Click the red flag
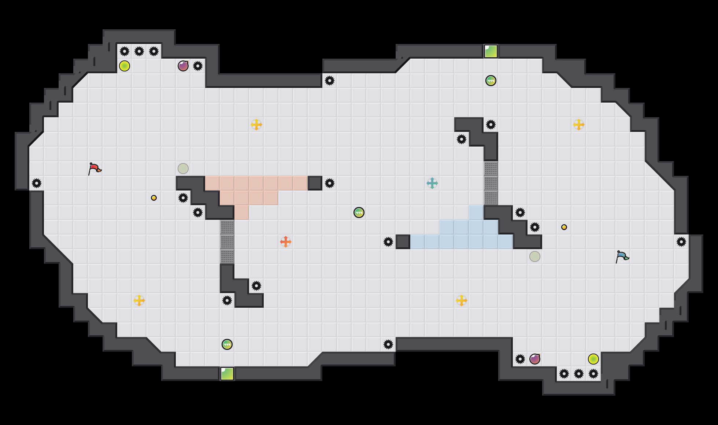pos(95,169)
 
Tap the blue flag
pos(622,256)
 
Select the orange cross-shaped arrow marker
pos(286,242)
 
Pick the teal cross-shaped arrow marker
pos(432,183)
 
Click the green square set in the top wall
pos(491,51)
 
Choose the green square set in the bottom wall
pos(227,374)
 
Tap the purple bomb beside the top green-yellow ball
pos(183,66)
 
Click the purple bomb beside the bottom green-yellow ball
pos(535,359)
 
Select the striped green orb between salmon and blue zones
pos(359,212)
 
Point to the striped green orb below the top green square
pos(491,81)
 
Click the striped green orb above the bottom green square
pos(227,344)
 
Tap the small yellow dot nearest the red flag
pos(154,198)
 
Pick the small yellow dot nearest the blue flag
pos(564,227)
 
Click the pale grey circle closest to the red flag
pos(183,169)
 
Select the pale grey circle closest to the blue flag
pos(535,256)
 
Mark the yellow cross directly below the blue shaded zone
pos(462,300)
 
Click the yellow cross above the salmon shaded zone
pos(256,125)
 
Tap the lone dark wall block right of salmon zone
pos(315,183)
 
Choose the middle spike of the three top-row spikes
pos(139,51)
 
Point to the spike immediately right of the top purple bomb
pos(198,66)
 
